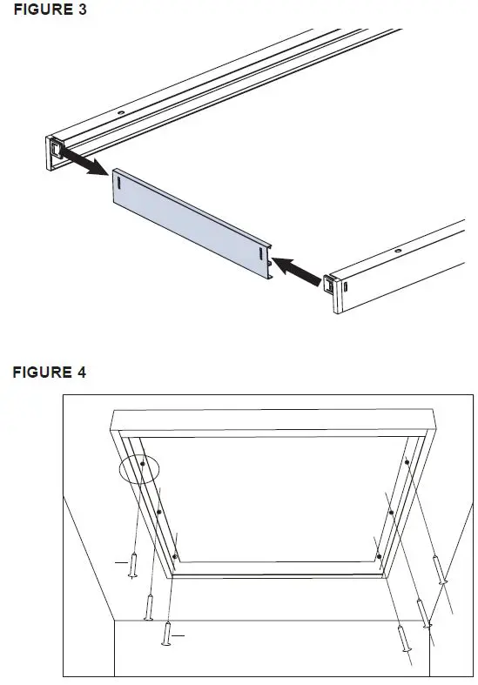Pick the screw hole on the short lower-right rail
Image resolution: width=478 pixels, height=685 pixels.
click(399, 252)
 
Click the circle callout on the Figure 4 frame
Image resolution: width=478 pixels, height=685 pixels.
click(139, 467)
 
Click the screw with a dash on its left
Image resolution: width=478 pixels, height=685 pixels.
click(132, 565)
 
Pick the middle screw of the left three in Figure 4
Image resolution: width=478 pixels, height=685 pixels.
click(150, 607)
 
